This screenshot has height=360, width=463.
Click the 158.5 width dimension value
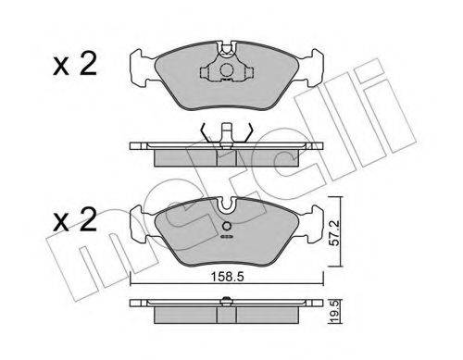pos(227,277)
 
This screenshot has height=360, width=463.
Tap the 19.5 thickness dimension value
pos(335,312)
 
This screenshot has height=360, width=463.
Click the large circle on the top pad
pos(227,69)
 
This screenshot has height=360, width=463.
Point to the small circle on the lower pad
pos(227,227)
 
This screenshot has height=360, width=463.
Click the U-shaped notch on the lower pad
pos(227,205)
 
